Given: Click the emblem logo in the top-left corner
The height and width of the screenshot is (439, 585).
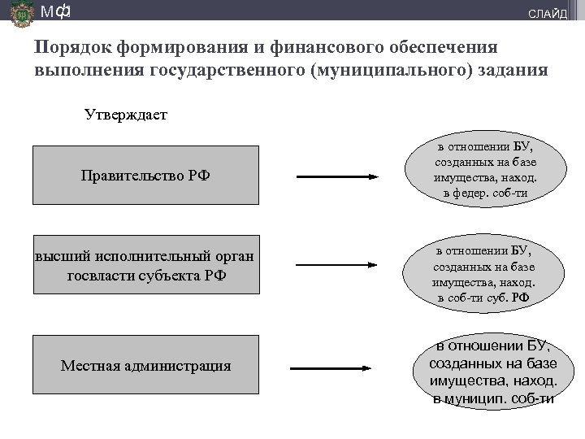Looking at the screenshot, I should point(17,14).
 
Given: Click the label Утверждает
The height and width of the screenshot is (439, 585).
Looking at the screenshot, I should point(126,115).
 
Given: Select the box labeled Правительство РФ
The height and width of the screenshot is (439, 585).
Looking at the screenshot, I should point(145,175).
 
